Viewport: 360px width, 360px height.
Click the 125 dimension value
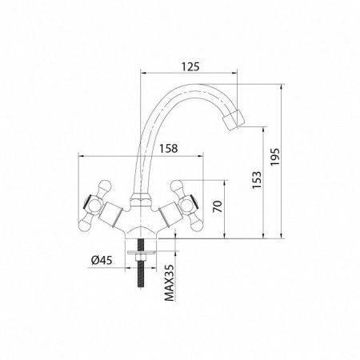190,66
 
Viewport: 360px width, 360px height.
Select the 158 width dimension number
168,148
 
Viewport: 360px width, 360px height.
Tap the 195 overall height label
274,157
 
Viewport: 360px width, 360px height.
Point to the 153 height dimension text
257,180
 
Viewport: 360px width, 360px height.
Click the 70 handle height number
218,206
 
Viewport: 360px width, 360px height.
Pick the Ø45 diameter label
102,260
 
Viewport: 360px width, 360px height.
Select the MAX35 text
169,283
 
